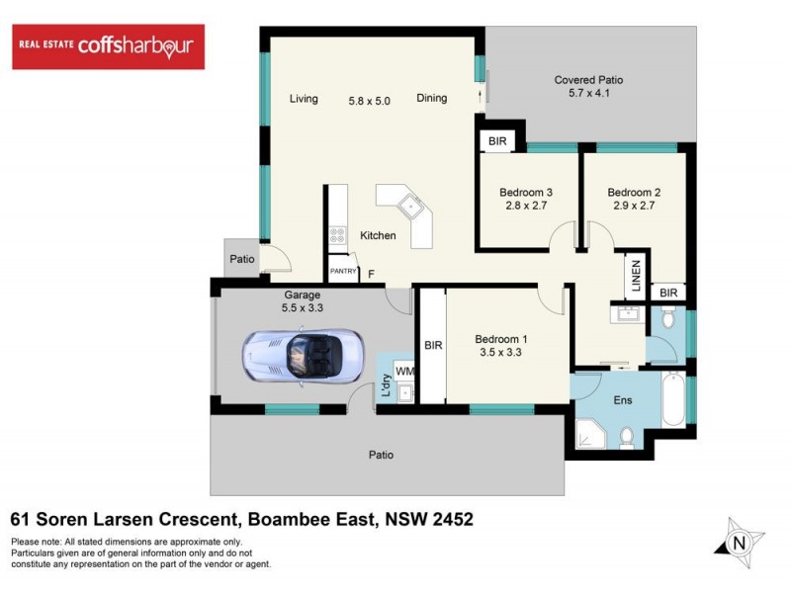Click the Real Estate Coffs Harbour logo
108,47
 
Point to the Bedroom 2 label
634,193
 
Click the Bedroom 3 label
525,193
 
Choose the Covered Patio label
588,80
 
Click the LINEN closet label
634,276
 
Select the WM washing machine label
403,371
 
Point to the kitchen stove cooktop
337,235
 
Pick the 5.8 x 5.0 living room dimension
377,99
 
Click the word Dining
432,99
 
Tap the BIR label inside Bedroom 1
432,345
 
